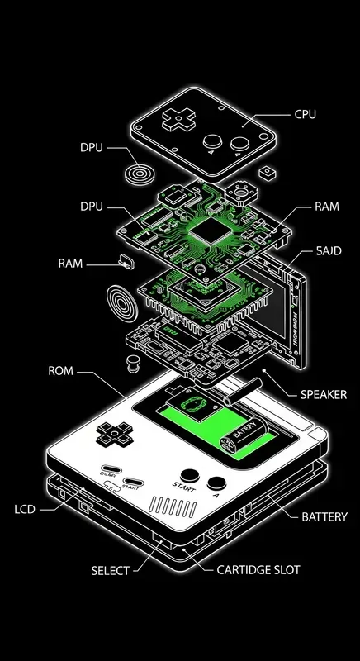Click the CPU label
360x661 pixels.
pyautogui.click(x=305, y=115)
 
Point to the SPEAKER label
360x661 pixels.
pyautogui.click(x=323, y=394)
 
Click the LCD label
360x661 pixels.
pyautogui.click(x=26, y=509)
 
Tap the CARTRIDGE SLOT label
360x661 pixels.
pyautogui.click(x=258, y=570)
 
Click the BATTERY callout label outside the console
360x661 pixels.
pyautogui.click(x=324, y=517)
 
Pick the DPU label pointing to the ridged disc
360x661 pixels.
pyautogui.click(x=92, y=148)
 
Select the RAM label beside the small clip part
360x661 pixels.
pyautogui.click(x=70, y=264)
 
